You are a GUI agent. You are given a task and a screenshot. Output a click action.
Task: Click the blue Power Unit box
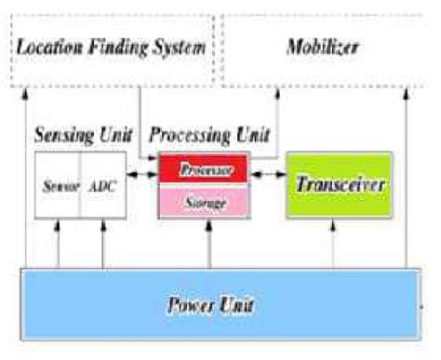point(220,302)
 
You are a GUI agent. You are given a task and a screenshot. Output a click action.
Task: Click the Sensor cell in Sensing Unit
point(58,185)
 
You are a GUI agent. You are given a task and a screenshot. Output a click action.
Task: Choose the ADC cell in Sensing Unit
point(102,185)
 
